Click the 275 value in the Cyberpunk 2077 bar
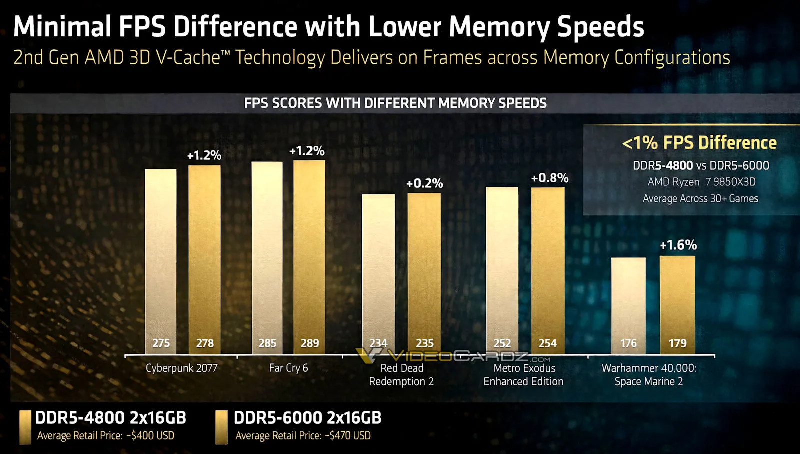click(x=161, y=343)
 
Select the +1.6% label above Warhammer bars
click(x=678, y=245)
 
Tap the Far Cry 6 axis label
click(x=288, y=368)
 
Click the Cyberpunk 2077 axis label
click(x=182, y=368)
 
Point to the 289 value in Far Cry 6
click(x=309, y=343)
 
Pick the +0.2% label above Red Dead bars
click(x=424, y=183)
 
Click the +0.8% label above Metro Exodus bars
click(x=549, y=178)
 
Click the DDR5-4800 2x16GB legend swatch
click(x=25, y=427)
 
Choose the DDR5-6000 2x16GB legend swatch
click(x=221, y=427)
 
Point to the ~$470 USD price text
click(x=348, y=436)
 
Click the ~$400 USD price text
click(x=150, y=436)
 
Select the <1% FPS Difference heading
click(x=699, y=143)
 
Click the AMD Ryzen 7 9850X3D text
click(x=701, y=182)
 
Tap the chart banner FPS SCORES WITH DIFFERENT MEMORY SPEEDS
click(x=395, y=103)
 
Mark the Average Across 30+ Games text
click(x=700, y=198)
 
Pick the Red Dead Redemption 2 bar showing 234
click(x=378, y=270)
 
